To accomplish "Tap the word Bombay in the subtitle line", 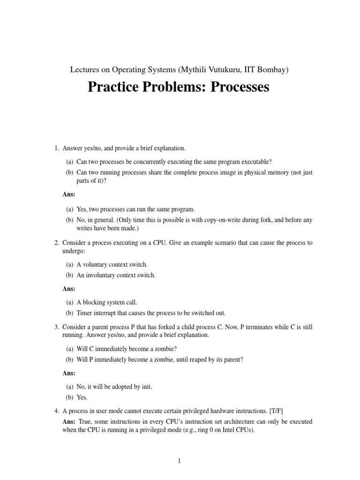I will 271,70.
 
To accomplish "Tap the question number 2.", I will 56,242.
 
